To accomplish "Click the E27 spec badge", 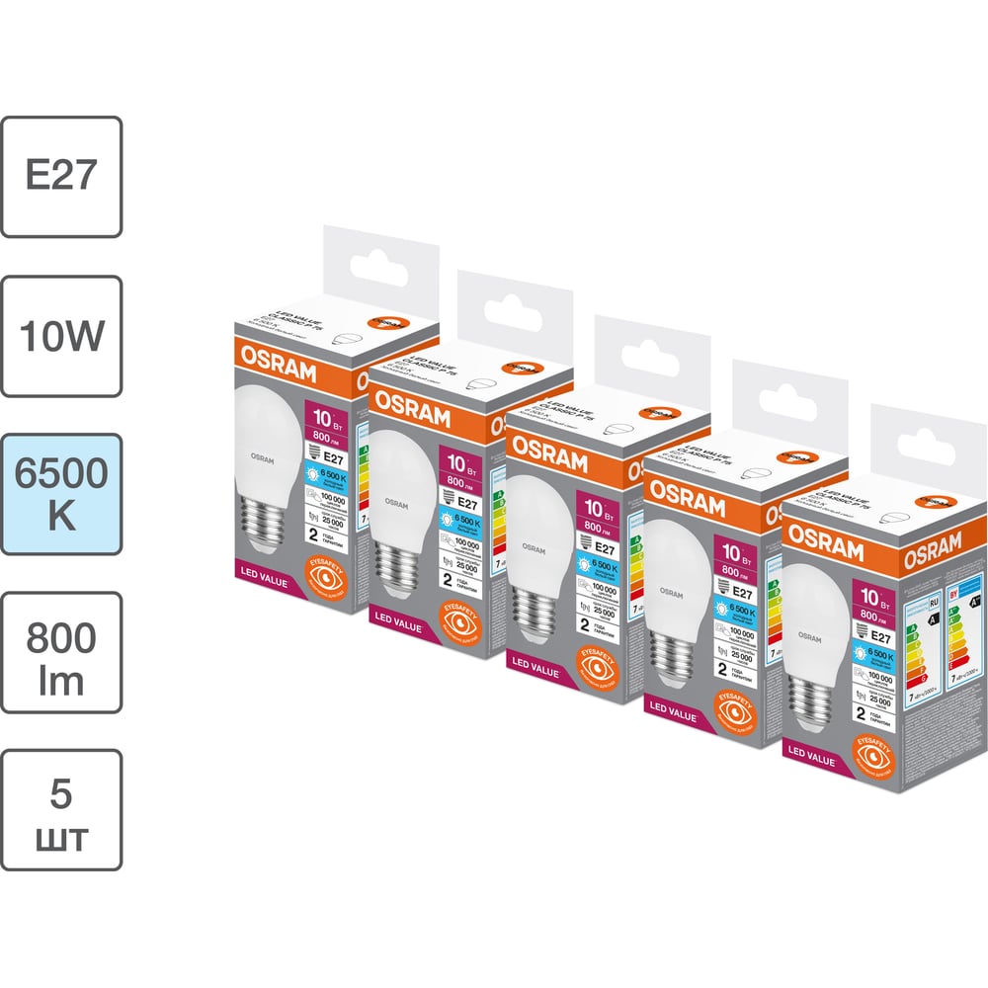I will click(61, 177).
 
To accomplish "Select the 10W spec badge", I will click(61, 336).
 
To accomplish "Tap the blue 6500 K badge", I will click(61, 494).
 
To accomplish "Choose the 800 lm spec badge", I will click(61, 652).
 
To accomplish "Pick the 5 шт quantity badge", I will click(61, 810).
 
